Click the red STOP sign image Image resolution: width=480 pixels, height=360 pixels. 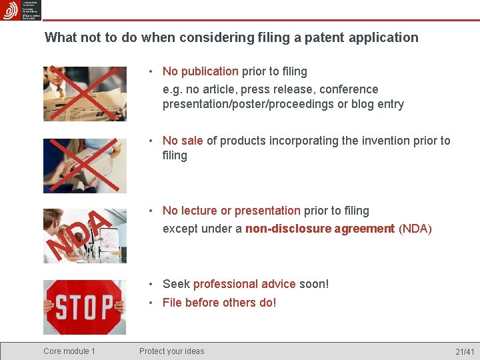pos(85,307)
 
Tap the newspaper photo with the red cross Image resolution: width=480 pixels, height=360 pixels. pos(85,93)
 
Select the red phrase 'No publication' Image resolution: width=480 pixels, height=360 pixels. pos(200,71)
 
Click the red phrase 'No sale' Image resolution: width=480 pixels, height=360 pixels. pos(183,141)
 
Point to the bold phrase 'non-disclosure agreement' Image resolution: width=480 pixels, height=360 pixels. pos(320,229)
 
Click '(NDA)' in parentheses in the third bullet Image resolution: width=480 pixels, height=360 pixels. pos(415,229)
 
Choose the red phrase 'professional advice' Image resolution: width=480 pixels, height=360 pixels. pos(244,284)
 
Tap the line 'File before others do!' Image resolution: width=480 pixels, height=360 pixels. pos(219,303)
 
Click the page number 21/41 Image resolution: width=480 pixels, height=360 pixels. pos(465,351)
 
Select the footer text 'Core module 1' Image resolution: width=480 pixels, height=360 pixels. pos(69,351)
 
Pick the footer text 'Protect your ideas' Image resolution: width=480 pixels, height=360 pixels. pos(172,351)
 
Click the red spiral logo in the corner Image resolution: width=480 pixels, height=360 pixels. pos(11,10)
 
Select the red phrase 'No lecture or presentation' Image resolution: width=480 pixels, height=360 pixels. pos(231,211)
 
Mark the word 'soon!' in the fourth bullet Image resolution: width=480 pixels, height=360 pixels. pos(314,284)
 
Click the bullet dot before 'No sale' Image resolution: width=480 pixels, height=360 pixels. pos(152,141)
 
